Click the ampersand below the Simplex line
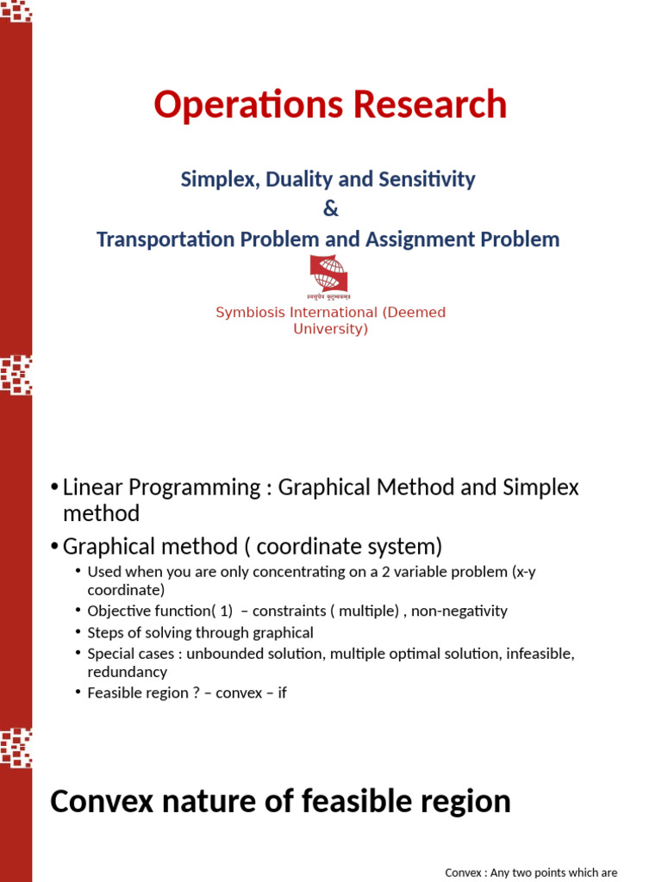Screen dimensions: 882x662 pos(330,209)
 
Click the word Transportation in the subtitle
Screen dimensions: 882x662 pos(164,239)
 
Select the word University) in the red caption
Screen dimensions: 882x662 pos(330,329)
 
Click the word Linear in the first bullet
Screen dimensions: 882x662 pos(87,488)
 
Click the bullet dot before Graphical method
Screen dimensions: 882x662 pos(55,547)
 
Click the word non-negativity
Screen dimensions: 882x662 pos(459,611)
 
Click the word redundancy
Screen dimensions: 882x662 pos(127,671)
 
